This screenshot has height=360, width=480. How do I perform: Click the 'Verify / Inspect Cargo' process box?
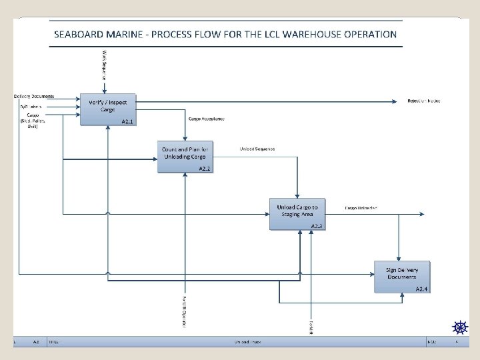tap(107, 109)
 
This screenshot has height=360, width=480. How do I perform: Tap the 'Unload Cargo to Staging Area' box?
tap(297, 213)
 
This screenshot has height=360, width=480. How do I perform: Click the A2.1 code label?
tap(128, 121)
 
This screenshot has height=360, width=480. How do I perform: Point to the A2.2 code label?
tap(205, 169)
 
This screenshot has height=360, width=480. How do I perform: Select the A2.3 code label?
tap(317, 227)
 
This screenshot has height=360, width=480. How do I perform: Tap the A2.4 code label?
tap(421, 289)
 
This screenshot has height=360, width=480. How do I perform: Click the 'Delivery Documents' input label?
tap(35, 97)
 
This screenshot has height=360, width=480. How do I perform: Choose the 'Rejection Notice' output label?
tap(424, 101)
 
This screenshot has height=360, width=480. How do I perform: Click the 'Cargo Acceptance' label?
tap(207, 119)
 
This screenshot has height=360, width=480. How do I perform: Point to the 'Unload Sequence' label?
tap(257, 149)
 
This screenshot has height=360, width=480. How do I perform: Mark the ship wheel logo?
tap(459, 327)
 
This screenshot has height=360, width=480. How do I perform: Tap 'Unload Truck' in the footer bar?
tap(247, 341)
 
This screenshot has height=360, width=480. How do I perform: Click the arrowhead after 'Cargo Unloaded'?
tap(423, 213)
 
